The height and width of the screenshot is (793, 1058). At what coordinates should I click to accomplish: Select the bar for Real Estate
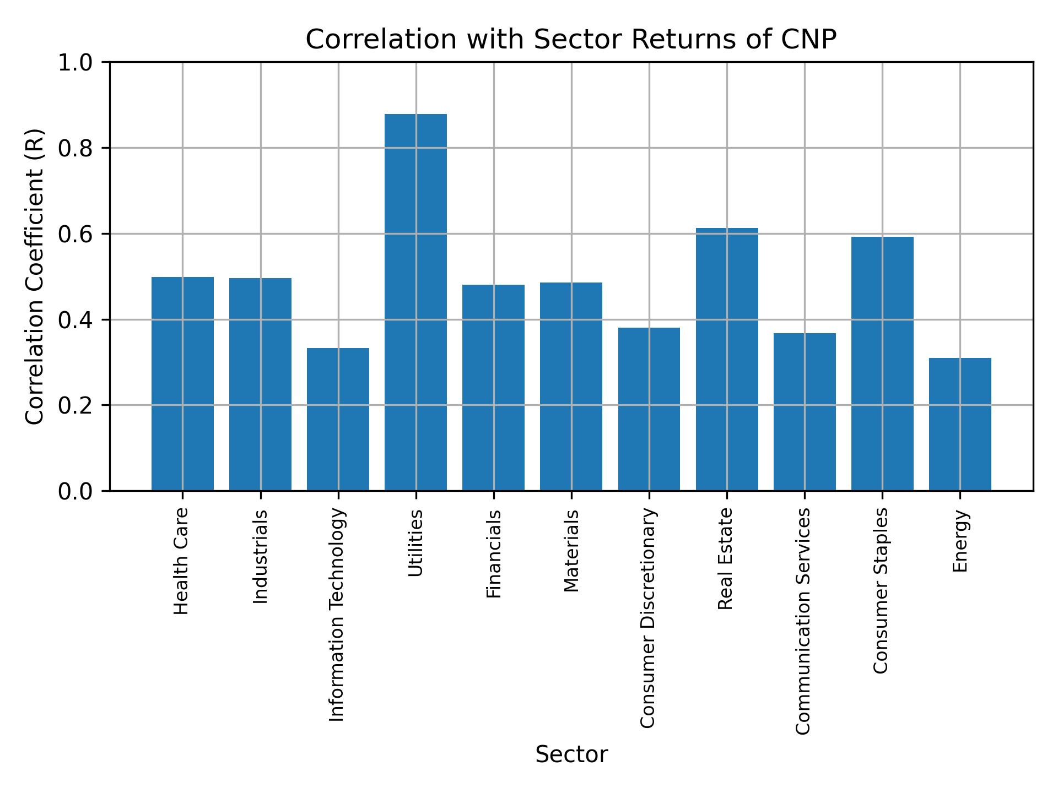pyautogui.click(x=726, y=359)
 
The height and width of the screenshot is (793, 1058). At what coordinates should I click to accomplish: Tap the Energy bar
pyautogui.click(x=959, y=424)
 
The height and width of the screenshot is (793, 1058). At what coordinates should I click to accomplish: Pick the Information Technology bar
pyautogui.click(x=338, y=419)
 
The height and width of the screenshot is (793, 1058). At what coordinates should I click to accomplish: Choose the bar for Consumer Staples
pyautogui.click(x=882, y=363)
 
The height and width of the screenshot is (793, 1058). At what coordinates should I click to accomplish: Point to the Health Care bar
pyautogui.click(x=182, y=383)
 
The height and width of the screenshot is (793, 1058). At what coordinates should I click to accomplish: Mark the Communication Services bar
pyautogui.click(x=804, y=411)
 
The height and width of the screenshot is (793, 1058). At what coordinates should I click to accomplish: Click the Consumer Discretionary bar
pyautogui.click(x=649, y=409)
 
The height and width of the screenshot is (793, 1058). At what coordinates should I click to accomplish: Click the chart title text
pyautogui.click(x=571, y=40)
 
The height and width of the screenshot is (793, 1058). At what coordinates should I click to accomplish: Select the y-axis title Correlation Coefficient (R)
pyautogui.click(x=35, y=276)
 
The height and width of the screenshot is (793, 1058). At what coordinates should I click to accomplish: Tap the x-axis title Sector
pyautogui.click(x=571, y=754)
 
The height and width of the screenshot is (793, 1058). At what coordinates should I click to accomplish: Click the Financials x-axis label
pyautogui.click(x=494, y=554)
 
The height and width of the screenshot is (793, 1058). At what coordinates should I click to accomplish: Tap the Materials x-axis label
pyautogui.click(x=571, y=551)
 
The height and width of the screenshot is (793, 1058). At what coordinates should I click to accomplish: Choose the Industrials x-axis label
pyautogui.click(x=260, y=557)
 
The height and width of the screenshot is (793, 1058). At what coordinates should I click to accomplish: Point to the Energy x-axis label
pyautogui.click(x=960, y=541)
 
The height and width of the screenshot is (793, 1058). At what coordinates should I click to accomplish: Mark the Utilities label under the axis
pyautogui.click(x=416, y=543)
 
